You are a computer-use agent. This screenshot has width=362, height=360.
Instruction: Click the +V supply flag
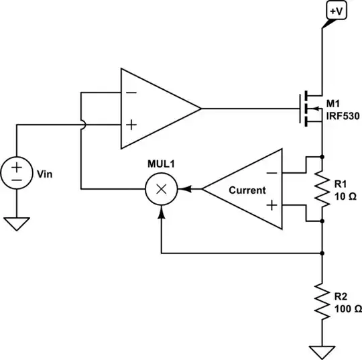335,11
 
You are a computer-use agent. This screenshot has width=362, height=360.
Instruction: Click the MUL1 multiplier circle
160,189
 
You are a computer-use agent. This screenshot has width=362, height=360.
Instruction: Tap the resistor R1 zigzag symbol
323,189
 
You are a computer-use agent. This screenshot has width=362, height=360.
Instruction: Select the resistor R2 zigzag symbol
323,302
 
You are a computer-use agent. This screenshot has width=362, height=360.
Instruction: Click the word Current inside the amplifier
247,190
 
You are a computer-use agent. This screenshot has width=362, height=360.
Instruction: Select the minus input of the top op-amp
132,93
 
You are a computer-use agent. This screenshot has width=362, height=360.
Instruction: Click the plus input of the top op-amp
132,125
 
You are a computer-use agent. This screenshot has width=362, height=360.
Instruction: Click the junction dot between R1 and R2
323,253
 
